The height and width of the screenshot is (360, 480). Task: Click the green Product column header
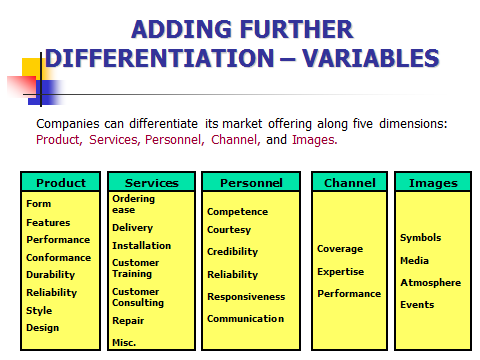click(x=60, y=183)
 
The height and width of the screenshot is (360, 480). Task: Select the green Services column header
click(x=151, y=183)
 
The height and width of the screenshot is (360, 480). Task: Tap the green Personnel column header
click(x=250, y=183)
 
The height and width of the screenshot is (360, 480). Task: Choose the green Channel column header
click(x=349, y=183)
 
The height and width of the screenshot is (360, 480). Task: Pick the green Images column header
click(x=432, y=183)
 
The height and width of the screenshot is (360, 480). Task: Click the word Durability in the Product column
click(x=51, y=275)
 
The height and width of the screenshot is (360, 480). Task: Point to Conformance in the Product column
click(x=58, y=257)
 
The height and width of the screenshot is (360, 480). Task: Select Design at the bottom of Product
click(x=43, y=328)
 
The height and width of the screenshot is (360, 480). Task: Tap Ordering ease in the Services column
click(x=134, y=204)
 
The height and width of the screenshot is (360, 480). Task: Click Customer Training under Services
click(x=135, y=268)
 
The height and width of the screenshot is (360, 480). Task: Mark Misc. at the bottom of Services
click(x=124, y=343)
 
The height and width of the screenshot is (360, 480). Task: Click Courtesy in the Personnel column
click(x=229, y=230)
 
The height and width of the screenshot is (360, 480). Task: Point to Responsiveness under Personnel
click(x=246, y=297)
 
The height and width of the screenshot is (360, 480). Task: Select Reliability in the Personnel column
click(x=232, y=275)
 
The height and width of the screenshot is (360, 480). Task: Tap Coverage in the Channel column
click(x=340, y=249)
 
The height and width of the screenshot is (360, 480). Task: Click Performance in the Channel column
click(x=349, y=294)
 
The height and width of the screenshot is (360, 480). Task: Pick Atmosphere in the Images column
click(x=430, y=283)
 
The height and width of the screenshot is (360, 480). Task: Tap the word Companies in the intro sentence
click(x=69, y=125)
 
